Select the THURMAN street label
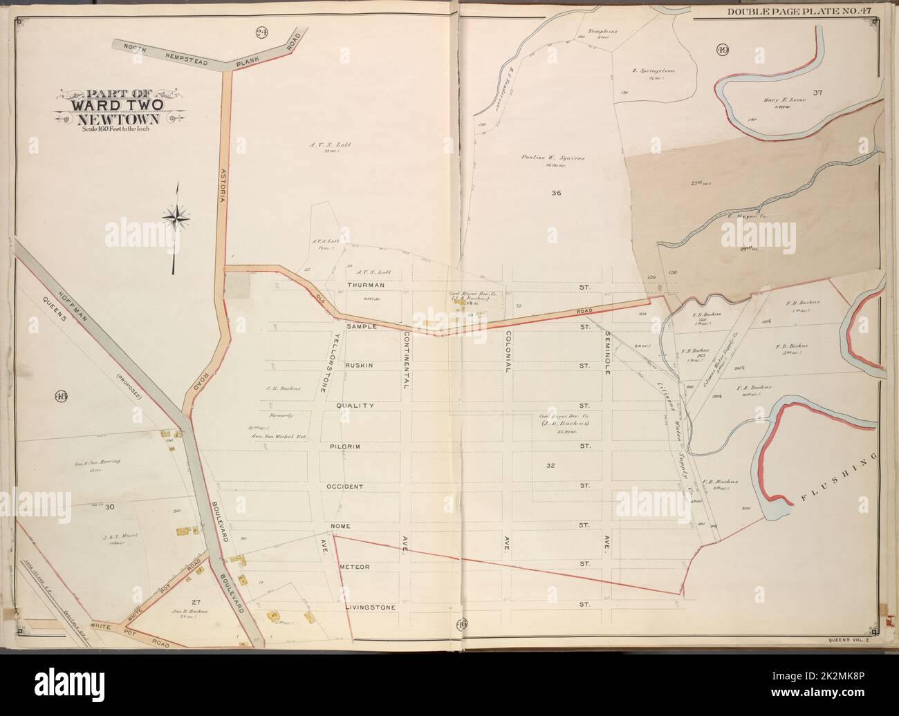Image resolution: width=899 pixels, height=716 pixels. coord(366,285)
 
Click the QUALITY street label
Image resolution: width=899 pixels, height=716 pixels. coord(360,406)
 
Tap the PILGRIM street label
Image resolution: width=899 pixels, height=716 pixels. coord(359,446)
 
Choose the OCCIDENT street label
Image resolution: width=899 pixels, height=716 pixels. coord(345,487)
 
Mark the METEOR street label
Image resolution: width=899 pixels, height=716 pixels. coord(355,567)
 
